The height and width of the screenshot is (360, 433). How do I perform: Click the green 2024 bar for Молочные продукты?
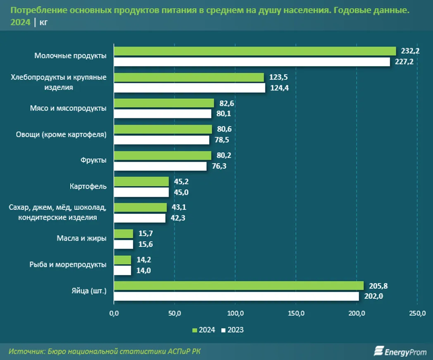(255, 51)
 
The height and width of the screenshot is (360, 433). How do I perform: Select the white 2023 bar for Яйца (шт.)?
(236, 296)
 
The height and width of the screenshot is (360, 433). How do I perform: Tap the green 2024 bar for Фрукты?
(162, 155)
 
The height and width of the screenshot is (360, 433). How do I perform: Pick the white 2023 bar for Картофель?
(141, 192)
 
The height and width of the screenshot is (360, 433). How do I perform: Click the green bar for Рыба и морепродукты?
(122, 260)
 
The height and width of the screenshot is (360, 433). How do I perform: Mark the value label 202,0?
(374, 296)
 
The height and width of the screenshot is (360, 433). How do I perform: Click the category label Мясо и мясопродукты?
(68, 108)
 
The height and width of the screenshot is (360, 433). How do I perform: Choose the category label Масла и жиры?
(82, 238)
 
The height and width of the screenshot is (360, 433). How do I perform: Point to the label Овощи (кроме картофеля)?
(61, 135)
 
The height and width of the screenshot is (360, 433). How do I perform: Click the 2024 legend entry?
(204, 330)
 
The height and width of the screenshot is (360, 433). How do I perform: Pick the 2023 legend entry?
(233, 330)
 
